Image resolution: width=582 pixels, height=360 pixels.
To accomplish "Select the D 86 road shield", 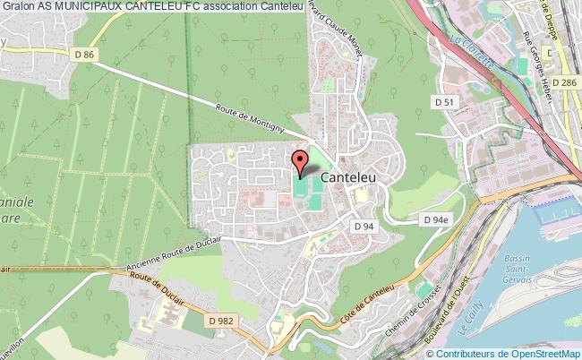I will pos(85,55).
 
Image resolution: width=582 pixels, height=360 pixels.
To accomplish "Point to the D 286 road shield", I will pos(565,82).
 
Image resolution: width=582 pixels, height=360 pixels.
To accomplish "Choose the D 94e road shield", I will pos(435,219).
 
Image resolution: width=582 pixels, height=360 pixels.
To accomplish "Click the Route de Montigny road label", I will pos(250,116).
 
